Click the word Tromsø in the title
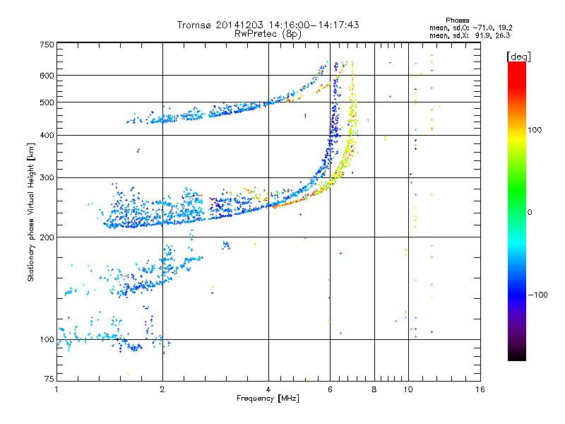[195, 25]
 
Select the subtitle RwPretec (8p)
[268, 34]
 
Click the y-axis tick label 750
[47, 45]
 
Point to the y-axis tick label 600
[47, 76]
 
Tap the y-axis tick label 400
[47, 135]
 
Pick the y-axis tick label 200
[47, 237]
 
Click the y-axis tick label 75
[49, 379]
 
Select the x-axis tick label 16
[480, 389]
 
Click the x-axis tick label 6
[330, 389]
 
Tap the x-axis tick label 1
[56, 389]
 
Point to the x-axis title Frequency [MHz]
[268, 399]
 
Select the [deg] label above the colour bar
[518, 57]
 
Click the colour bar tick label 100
[535, 130]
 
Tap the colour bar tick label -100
[537, 295]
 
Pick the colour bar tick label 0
[530, 213]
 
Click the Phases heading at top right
[457, 20]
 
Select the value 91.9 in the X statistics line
[482, 36]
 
